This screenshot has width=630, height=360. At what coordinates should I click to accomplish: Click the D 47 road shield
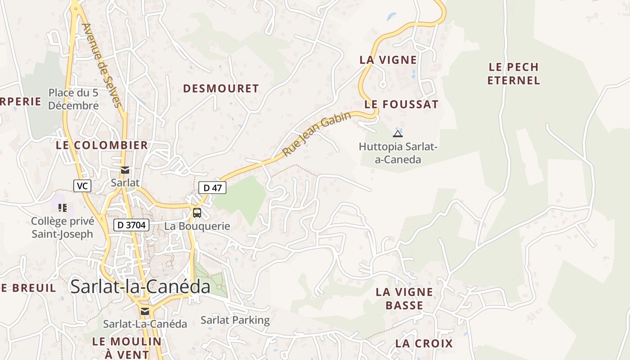pos(212,188)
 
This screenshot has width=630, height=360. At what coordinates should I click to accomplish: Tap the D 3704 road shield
pos(131,225)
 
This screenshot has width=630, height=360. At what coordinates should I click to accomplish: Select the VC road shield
pos(82,185)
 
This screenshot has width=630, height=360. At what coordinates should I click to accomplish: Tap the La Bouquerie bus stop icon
pos(197,212)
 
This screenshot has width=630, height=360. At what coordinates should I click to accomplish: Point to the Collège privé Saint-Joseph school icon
pos(63,207)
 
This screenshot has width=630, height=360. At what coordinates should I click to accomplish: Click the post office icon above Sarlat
pos(125,170)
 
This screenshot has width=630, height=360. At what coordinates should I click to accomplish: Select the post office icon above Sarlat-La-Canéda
pos(144,311)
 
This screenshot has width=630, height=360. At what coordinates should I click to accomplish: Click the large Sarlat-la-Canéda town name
pos(140,287)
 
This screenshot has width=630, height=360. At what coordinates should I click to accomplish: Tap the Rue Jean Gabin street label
pos(317,134)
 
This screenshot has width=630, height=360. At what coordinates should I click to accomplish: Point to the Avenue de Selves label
pos(102,65)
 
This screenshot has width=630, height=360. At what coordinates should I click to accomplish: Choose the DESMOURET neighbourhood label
pos(221,89)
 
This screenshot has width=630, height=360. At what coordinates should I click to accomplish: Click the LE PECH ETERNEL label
pos(513,74)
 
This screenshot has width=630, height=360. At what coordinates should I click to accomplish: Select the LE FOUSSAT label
pos(401,104)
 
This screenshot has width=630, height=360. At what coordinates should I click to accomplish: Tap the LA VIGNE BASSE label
pos(404,298)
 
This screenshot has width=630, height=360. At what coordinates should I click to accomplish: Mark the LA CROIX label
pos(424,343)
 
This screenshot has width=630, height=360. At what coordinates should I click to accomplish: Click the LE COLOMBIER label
pos(102,145)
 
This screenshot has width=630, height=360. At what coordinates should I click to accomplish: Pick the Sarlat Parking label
pos(235,320)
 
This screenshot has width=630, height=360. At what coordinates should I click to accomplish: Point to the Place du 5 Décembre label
pos(73,99)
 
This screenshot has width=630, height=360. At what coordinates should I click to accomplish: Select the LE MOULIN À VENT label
pos(127,347)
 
